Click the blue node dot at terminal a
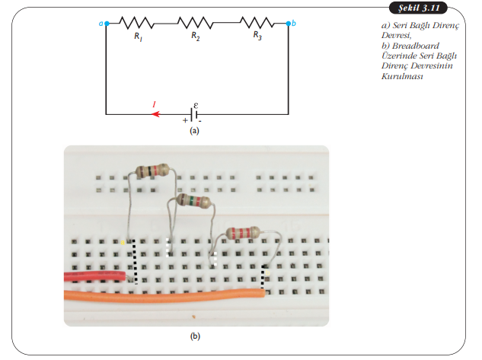(107, 24)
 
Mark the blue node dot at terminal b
(288, 24)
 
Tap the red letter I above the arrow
(155, 104)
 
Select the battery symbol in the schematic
(195, 114)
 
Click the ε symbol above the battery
(196, 103)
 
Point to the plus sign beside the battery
(184, 120)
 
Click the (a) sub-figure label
(194, 131)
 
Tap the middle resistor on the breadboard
(194, 201)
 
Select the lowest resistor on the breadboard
(242, 233)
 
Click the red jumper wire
(94, 276)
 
